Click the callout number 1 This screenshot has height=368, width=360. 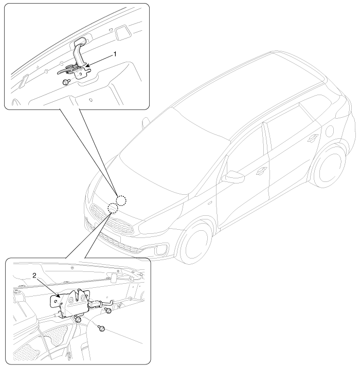click(115, 54)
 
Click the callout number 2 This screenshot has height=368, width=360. click(34, 276)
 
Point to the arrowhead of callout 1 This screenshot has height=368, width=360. click(86, 67)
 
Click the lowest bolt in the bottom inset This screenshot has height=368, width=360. click(102, 328)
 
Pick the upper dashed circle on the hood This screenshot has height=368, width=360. click(121, 200)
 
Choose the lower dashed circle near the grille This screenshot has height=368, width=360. click(113, 208)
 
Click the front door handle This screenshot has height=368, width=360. click(261, 171)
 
